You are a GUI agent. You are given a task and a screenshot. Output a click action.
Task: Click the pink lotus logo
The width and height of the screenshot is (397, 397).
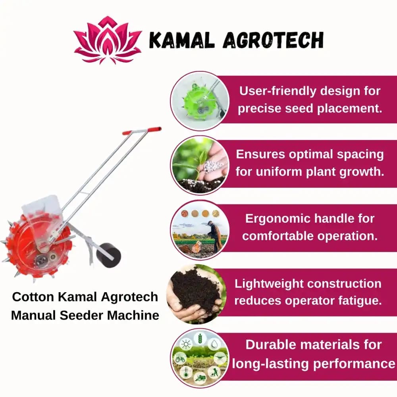[x=108, y=40]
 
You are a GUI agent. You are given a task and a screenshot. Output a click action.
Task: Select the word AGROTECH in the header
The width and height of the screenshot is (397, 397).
[x=274, y=40]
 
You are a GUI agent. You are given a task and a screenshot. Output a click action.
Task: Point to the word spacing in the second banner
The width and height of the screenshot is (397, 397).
[x=360, y=154]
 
